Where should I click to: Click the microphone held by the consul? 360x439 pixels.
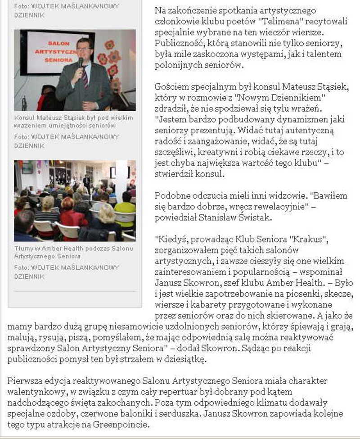pos(81,62)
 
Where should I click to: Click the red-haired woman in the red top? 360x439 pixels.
pos(72,213)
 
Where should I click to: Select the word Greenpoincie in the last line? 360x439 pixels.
pos(117,424)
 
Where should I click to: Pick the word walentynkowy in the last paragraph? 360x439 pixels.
pos(35,391)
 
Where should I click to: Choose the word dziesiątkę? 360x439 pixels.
pos(183,359)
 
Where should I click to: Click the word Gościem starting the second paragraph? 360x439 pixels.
pos(170,87)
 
